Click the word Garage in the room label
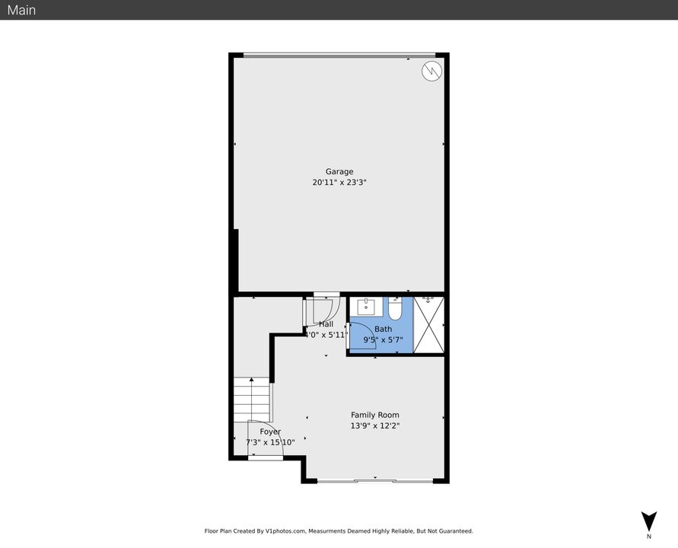(339, 171)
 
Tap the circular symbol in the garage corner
(431, 71)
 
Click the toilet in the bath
(395, 309)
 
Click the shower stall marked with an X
(428, 325)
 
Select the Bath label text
(383, 329)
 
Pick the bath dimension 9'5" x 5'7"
(383, 340)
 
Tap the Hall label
(326, 324)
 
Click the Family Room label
(374, 415)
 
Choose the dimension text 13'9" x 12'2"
(374, 426)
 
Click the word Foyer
(270, 432)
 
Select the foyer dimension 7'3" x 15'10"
(270, 442)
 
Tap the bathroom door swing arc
(361, 333)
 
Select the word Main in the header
(21, 10)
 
